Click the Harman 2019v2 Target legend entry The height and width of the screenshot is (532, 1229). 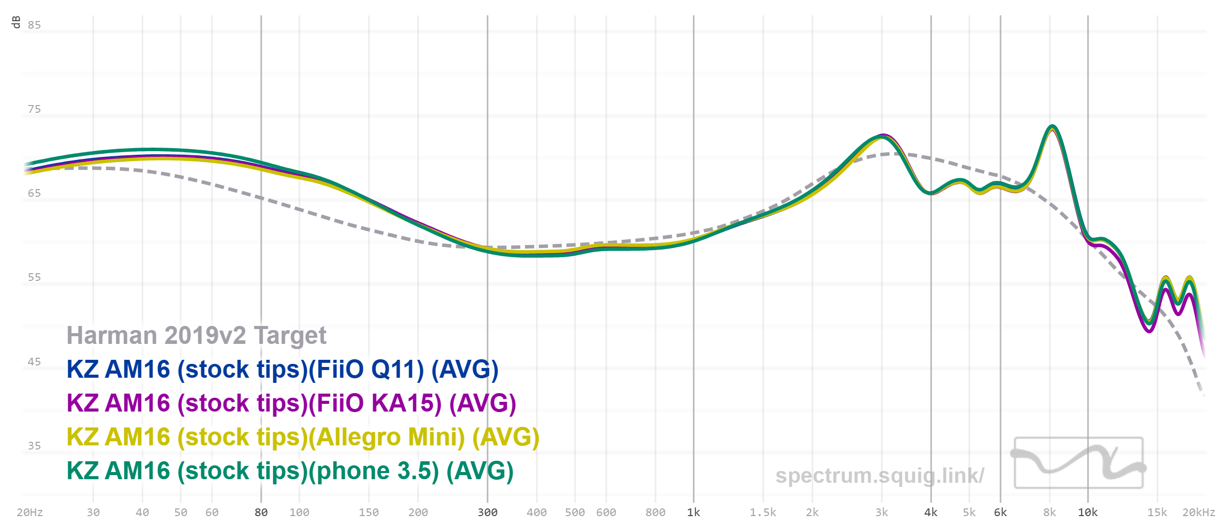(196, 336)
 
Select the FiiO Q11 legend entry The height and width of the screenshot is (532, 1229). (282, 370)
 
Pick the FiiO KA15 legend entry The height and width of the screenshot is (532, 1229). (291, 403)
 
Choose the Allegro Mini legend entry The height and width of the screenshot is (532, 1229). (303, 437)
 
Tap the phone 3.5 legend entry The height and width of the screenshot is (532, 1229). (290, 471)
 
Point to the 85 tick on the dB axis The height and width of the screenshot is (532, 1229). (34, 25)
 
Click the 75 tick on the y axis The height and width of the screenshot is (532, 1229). (34, 109)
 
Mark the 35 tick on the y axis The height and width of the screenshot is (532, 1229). (34, 446)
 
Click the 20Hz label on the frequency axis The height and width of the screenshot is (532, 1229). (30, 513)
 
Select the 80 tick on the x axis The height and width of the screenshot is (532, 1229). (261, 513)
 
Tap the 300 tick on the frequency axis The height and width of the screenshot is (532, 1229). (488, 513)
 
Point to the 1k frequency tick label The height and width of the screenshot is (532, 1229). (693, 513)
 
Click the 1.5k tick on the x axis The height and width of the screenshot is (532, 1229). (763, 513)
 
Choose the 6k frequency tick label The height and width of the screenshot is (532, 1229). (1000, 513)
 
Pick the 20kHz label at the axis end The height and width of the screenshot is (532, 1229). (1198, 513)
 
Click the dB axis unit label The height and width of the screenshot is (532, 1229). (16, 22)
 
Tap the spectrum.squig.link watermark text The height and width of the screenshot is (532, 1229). (879, 476)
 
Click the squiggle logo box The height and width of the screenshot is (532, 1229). (1078, 463)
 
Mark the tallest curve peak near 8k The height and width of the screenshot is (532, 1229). (1052, 127)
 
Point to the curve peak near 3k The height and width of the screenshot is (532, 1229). (882, 136)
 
